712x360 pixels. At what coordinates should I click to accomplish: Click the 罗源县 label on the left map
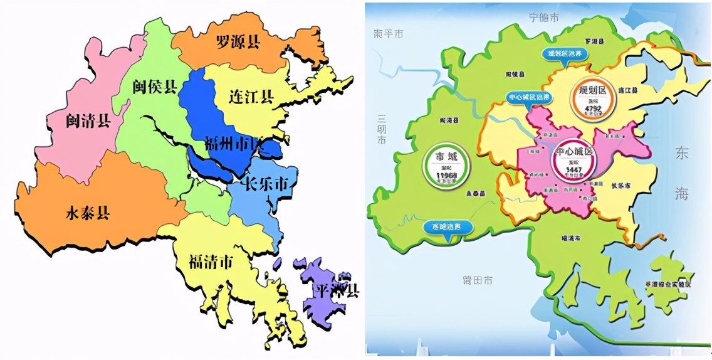238,42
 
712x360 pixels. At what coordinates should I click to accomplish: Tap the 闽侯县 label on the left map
154,87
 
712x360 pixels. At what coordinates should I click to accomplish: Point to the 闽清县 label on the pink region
88,120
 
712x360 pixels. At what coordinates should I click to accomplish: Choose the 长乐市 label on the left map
266,185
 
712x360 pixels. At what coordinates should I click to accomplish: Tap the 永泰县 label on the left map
88,213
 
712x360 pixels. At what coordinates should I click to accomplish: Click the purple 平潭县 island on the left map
326,289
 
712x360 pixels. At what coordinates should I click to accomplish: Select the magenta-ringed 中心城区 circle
573,159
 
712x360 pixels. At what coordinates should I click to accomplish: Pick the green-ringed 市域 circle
447,164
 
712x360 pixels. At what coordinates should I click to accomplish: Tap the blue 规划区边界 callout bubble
565,54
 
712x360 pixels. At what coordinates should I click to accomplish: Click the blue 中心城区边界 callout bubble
528,98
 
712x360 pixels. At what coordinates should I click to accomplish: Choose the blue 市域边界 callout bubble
446,226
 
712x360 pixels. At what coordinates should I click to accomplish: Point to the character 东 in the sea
681,154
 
